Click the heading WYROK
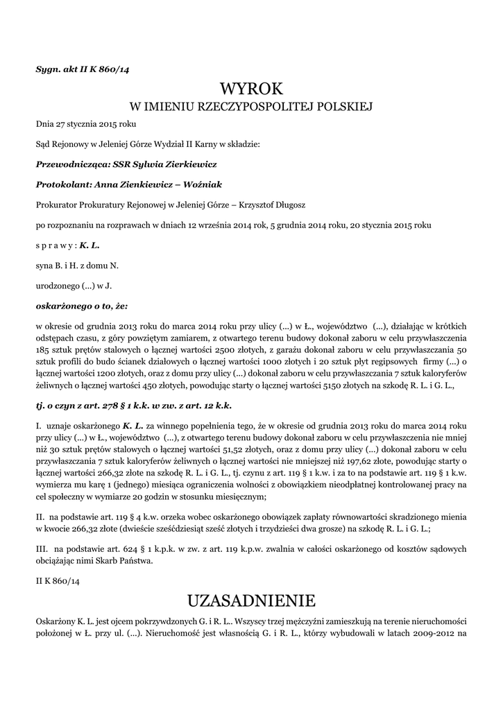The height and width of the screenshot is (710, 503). (x=251, y=89)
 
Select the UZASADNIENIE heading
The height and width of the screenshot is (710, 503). (x=251, y=599)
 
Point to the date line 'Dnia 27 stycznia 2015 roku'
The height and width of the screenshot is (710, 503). (x=86, y=124)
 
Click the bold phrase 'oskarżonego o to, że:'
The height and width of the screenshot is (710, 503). (x=82, y=305)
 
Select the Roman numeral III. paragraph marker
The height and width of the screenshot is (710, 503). (x=41, y=548)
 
